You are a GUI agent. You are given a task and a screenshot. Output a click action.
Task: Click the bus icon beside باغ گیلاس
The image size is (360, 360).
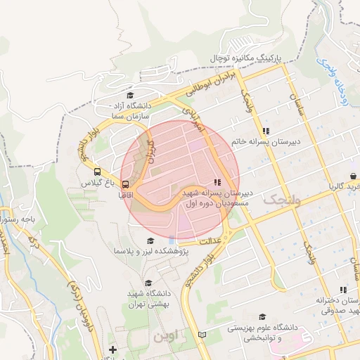(97, 171)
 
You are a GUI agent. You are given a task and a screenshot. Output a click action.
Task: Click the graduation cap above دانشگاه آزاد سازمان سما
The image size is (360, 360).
(129, 96)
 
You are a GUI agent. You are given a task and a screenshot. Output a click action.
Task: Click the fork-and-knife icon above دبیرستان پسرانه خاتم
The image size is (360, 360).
(266, 131)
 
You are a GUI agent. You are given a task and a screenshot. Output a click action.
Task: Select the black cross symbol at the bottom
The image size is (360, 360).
(112, 349)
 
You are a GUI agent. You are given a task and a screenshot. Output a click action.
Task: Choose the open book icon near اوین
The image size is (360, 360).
(203, 335)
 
